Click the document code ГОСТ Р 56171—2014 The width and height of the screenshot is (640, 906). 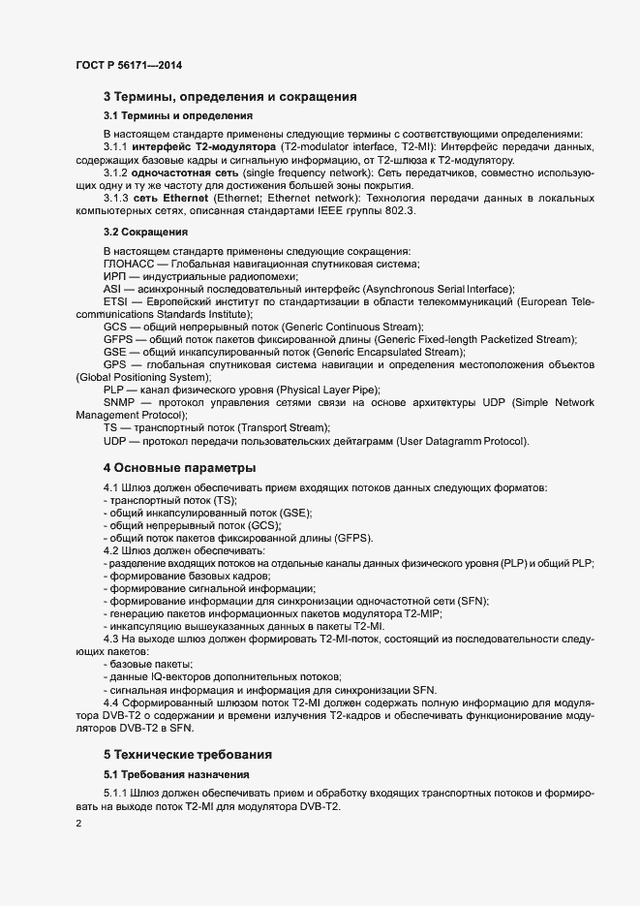(x=129, y=66)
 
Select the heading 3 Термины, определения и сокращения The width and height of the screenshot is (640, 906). (x=230, y=96)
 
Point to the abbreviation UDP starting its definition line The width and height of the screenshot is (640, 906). (x=116, y=441)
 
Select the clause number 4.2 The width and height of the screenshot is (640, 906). (x=111, y=549)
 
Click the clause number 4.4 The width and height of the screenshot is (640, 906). (x=111, y=702)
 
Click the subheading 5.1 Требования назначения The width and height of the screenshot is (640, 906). (x=177, y=774)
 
